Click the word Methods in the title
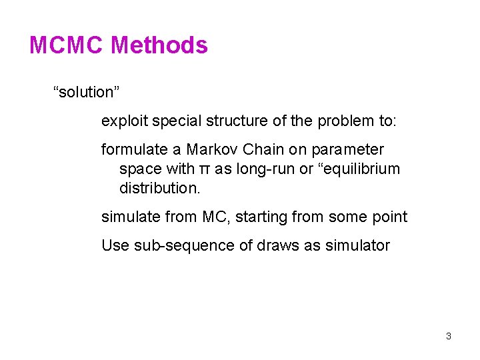click(x=159, y=45)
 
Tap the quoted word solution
click(x=85, y=92)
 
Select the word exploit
click(x=125, y=121)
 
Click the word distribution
click(x=159, y=189)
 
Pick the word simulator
click(x=357, y=246)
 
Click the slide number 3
click(x=449, y=336)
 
